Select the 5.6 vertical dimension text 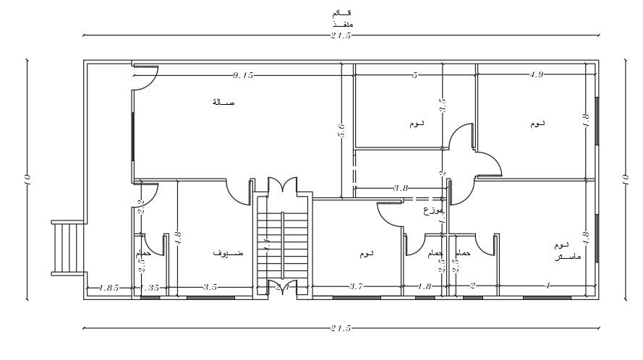click(x=341, y=132)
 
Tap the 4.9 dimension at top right click(x=537, y=74)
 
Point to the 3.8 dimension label click(x=401, y=188)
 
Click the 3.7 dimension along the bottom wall click(x=356, y=287)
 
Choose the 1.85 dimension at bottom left click(x=108, y=287)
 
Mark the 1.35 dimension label click(x=150, y=287)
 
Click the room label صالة click(x=223, y=103)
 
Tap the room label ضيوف click(x=227, y=254)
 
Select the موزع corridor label click(x=433, y=211)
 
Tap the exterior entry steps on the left click(x=67, y=247)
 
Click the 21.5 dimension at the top click(x=341, y=35)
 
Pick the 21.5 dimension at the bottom click(x=341, y=328)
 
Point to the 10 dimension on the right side click(x=626, y=181)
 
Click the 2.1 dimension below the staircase click(x=283, y=287)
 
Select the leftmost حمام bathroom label click(x=142, y=254)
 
